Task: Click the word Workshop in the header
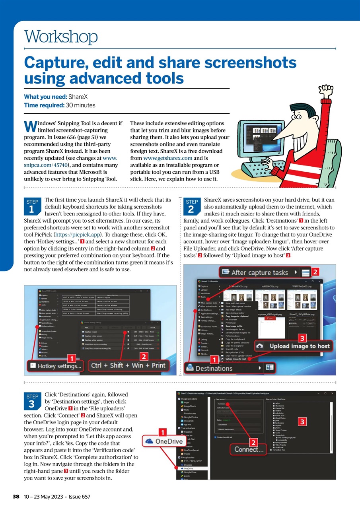(61, 37)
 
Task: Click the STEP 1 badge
(32, 206)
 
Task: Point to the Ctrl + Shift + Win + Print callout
(128, 365)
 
